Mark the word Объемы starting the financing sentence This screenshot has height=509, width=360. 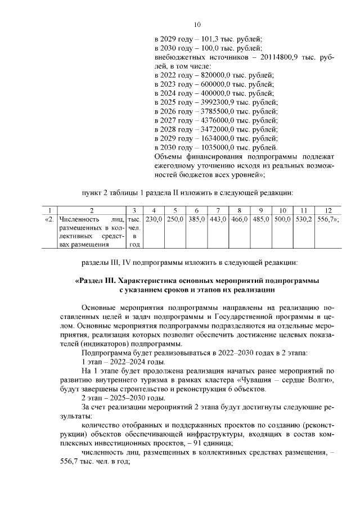(x=168, y=156)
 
